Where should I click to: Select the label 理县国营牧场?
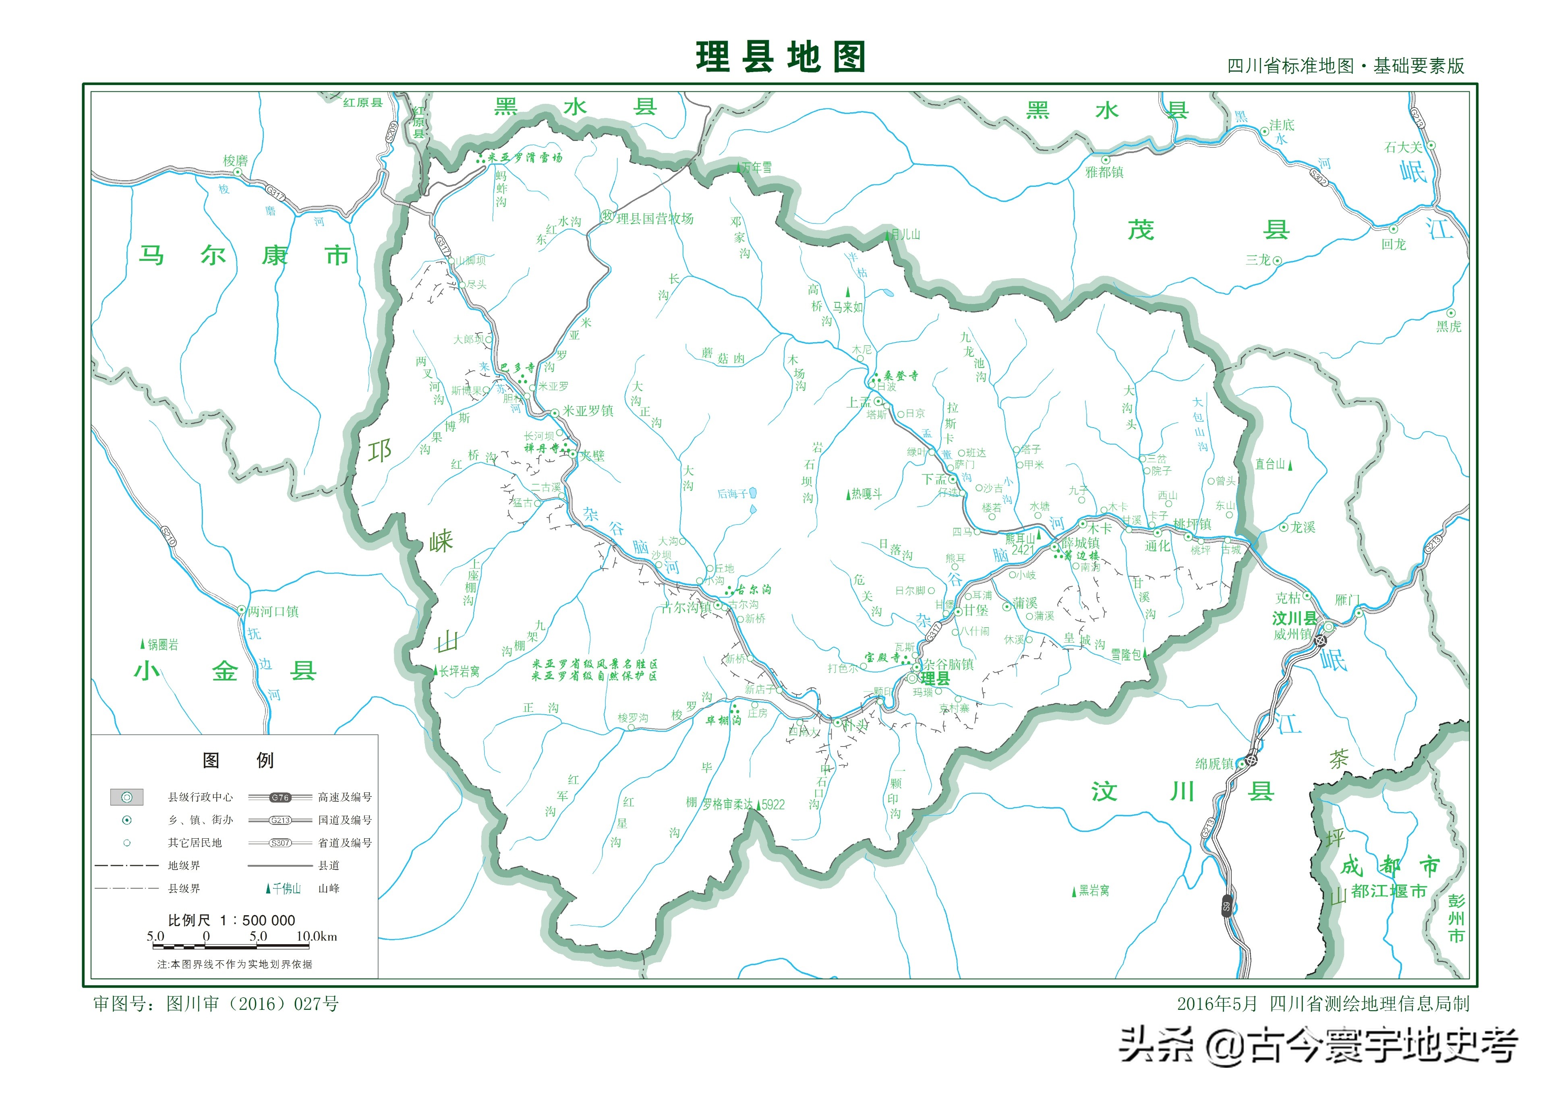[654, 218]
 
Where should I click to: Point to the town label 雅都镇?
[1104, 172]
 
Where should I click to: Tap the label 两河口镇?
[273, 611]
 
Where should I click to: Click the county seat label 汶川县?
[1294, 618]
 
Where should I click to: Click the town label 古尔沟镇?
[686, 607]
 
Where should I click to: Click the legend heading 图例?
[238, 760]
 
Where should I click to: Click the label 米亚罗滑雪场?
[524, 157]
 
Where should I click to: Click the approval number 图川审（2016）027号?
[253, 1004]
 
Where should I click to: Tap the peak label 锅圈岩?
[163, 645]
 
